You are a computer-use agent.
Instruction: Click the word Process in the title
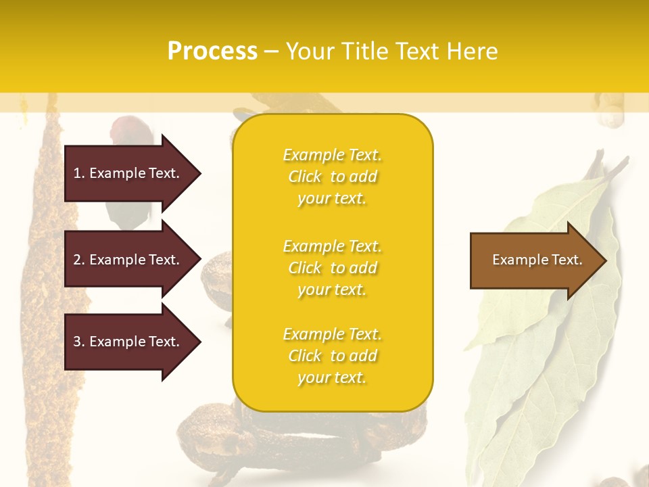click(212, 51)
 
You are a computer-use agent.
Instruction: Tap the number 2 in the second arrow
click(77, 260)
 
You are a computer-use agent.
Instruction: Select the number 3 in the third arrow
click(77, 342)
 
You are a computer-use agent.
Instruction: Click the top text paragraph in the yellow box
click(332, 177)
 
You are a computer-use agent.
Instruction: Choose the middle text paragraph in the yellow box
click(332, 268)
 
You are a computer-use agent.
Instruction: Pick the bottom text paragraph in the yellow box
click(332, 356)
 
